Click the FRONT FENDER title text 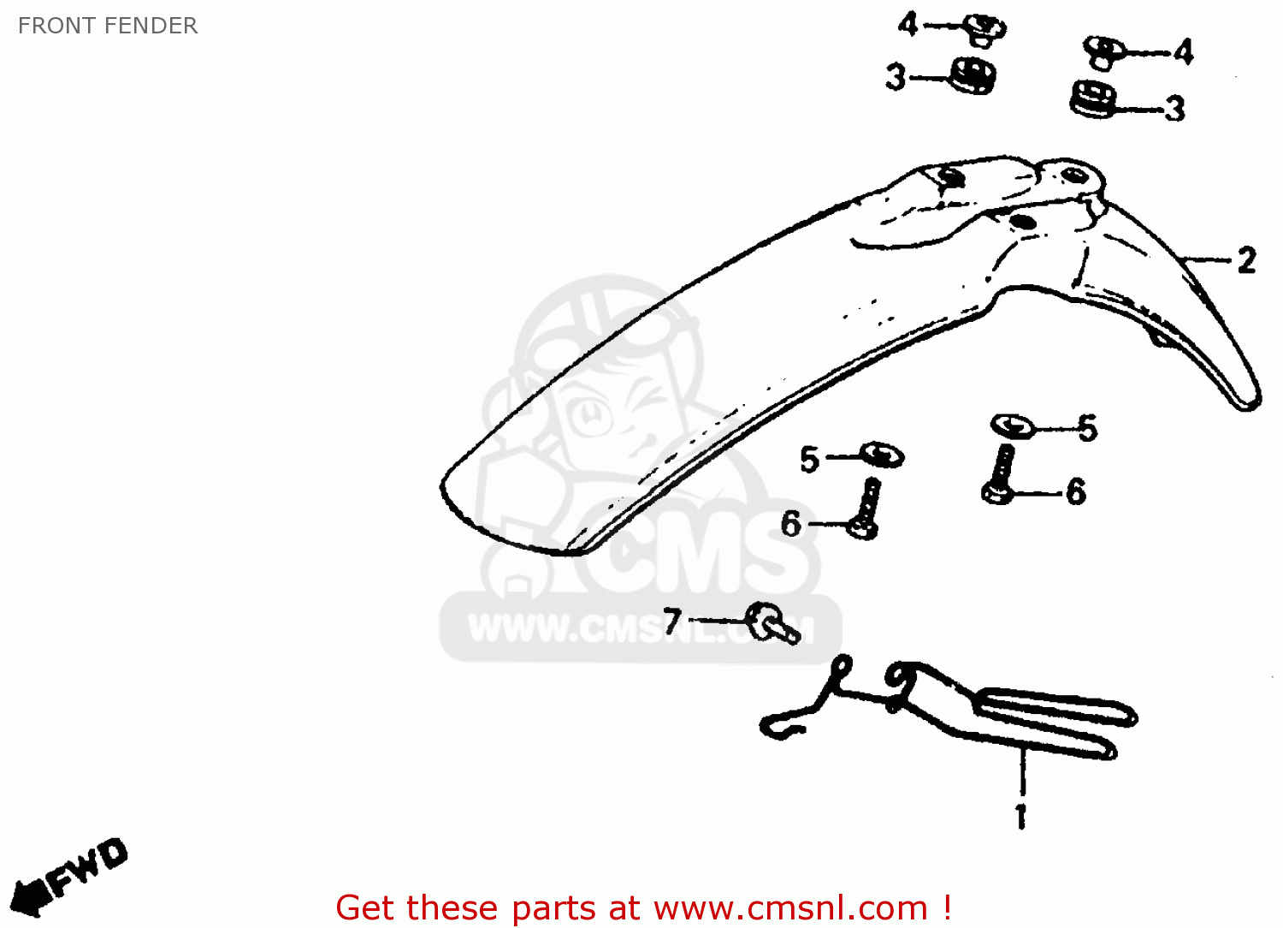108,26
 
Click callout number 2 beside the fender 1247,260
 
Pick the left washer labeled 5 882,454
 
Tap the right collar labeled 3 1092,99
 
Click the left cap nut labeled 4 985,30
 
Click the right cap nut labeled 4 1104,51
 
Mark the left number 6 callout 791,523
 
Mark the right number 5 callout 1087,428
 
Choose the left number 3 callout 895,77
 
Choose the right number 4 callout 1183,52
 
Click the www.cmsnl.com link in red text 790,907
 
